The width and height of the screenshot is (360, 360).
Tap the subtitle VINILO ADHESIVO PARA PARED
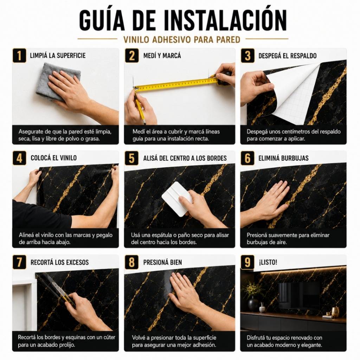pos(182,39)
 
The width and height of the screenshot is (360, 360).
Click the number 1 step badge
pos(19,55)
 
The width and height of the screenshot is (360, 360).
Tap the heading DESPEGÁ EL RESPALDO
pos(288,56)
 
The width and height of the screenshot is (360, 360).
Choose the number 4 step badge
pos(19,158)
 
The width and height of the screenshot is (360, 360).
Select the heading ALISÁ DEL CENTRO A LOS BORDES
pos(185,158)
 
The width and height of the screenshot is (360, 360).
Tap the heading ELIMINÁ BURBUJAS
pos(283,158)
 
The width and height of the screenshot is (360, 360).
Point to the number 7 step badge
pos(19,262)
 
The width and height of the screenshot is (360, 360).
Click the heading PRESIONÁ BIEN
pos(162,262)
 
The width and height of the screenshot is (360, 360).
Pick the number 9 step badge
pos(247,262)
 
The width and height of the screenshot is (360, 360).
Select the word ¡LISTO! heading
pos(268,262)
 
